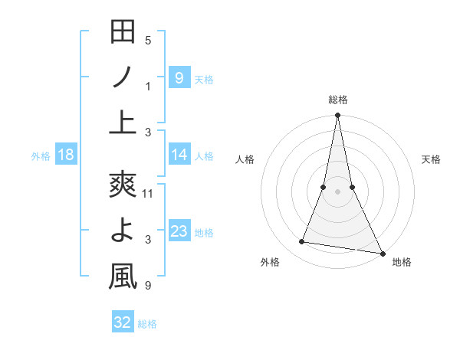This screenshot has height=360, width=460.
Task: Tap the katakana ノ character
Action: [x=123, y=77]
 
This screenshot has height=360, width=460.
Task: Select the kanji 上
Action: [x=123, y=123]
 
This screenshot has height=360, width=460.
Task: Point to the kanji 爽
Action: [x=123, y=185]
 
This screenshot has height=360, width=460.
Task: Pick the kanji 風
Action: [x=123, y=277]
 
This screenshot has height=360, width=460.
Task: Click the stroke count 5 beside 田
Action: [x=148, y=40]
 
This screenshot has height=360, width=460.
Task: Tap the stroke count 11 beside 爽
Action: [x=149, y=194]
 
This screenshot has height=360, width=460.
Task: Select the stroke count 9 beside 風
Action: [x=148, y=286]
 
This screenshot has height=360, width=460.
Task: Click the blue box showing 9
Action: [x=179, y=77]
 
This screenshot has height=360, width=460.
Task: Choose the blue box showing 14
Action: [x=179, y=155]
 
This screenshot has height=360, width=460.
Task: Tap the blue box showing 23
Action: [x=179, y=231]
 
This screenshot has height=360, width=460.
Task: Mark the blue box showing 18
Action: [x=66, y=155]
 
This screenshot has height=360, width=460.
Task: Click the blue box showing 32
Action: [x=122, y=322]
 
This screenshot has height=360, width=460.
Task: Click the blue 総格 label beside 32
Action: [x=147, y=324]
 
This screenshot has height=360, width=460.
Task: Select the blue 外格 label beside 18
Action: [x=41, y=156]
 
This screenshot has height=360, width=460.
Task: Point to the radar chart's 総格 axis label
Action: [x=337, y=100]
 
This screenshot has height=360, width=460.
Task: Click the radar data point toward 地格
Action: [x=382, y=254]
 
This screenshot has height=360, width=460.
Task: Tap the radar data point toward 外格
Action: [x=302, y=242]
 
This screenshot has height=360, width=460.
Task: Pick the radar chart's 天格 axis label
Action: [x=431, y=159]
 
